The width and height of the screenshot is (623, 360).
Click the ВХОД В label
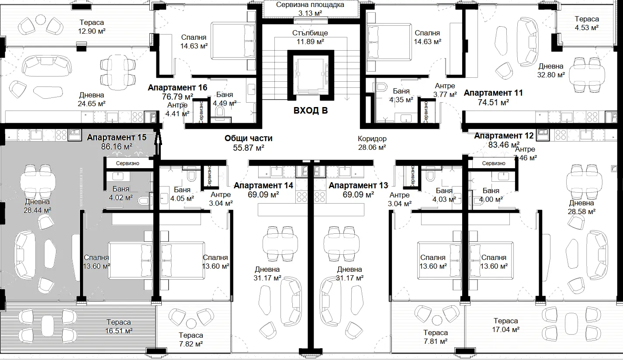point(310,111)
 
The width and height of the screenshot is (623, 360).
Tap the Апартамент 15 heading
point(117,138)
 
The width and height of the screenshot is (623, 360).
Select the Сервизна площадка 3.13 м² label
point(310,9)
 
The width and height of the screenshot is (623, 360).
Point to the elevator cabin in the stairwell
point(310,75)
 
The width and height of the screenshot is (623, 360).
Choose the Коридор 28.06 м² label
point(372,143)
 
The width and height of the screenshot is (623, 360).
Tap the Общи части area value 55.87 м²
point(249,148)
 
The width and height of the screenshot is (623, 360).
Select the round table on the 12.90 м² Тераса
point(41,20)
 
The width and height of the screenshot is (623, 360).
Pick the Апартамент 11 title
point(493,93)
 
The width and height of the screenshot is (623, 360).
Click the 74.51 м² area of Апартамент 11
point(493,103)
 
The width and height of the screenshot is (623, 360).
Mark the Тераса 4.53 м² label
point(587,23)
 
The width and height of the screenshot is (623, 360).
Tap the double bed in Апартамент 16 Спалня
point(233,41)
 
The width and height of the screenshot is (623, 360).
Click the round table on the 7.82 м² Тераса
point(191,323)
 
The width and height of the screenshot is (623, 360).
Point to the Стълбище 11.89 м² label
point(310,37)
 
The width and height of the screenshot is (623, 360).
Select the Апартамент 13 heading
point(358,186)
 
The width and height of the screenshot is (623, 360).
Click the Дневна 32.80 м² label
point(551,71)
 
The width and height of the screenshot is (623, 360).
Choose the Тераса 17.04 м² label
point(505,325)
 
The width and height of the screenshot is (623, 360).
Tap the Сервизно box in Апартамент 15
point(128,163)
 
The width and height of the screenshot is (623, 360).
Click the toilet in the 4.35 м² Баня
point(381,87)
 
